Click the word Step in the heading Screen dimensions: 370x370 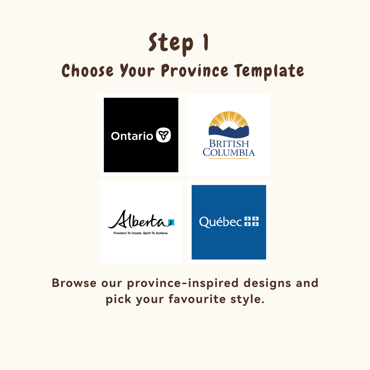click(171, 44)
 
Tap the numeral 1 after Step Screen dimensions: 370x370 click(206, 42)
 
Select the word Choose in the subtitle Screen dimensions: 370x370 click(88, 70)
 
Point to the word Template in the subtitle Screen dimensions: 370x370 click(269, 72)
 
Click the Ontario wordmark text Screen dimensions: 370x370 click(132, 136)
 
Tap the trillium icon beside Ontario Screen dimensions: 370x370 click(163, 135)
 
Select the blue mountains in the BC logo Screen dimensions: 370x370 click(229, 132)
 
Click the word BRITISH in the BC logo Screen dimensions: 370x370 click(229, 144)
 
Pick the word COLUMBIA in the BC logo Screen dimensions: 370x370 click(229, 152)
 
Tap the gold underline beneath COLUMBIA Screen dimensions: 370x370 click(229, 158)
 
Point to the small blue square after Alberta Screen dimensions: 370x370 click(171, 222)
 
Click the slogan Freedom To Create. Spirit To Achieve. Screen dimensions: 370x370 click(141, 233)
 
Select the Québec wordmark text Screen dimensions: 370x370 click(220, 222)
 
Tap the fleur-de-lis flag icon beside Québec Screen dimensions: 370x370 click(251, 221)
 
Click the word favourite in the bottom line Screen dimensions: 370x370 click(197, 299)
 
